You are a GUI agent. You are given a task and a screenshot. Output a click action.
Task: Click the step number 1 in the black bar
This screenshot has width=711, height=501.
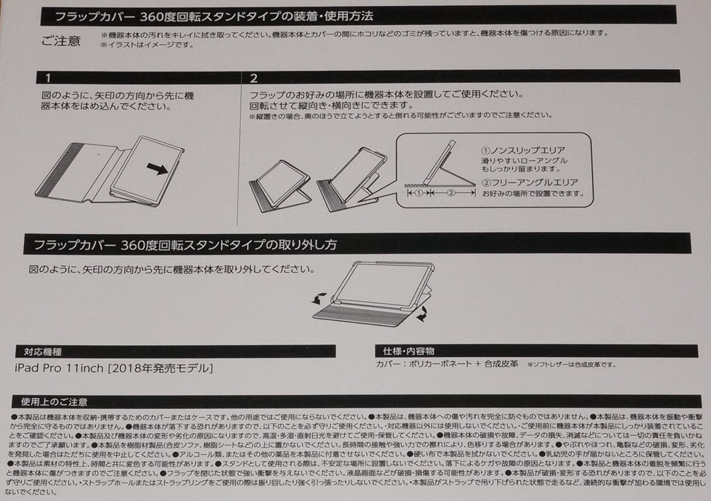[47, 78]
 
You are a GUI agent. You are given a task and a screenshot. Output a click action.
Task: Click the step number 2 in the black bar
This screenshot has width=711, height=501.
[253, 78]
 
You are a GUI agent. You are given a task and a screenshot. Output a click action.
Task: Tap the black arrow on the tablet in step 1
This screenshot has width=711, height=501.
[156, 170]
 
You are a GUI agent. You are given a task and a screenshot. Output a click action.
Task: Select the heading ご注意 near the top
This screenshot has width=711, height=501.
[61, 41]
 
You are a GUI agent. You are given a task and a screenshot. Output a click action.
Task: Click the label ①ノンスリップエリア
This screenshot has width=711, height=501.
[523, 150]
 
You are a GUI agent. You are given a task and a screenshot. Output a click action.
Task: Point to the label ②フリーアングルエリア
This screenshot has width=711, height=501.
[529, 182]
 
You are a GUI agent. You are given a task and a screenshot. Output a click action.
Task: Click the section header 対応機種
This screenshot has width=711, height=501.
[43, 352]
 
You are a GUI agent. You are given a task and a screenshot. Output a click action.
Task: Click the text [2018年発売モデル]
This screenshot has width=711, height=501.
[160, 368]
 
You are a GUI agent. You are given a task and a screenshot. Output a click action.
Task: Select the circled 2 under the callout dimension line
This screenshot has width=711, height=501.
[451, 195]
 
